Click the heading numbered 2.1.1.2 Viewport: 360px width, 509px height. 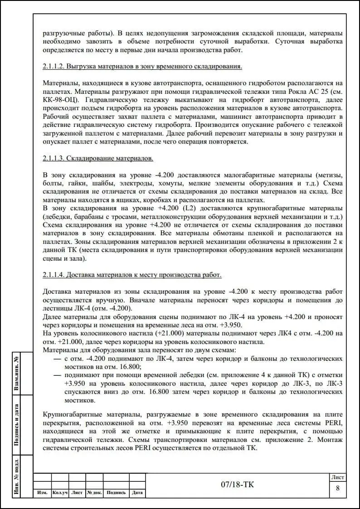pyautogui.click(x=142, y=67)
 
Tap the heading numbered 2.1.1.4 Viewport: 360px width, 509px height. pyautogui.click(x=132, y=275)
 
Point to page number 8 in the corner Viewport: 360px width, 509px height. pyautogui.click(x=337, y=488)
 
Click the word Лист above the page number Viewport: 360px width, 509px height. pyautogui.click(x=337, y=477)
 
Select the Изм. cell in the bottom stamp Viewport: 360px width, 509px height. pyautogui.click(x=42, y=492)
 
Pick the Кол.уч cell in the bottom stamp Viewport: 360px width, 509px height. pyautogui.click(x=60, y=492)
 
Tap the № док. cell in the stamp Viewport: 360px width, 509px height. pyautogui.click(x=94, y=492)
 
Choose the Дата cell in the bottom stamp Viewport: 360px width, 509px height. pyautogui.click(x=137, y=492)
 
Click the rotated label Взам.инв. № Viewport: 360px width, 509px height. pyautogui.click(x=16, y=373)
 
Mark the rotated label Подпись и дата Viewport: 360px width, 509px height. pyautogui.click(x=16, y=425)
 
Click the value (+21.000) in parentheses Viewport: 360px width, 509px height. pyautogui.click(x=166, y=334)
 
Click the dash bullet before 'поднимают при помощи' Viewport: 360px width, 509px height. pyautogui.click(x=57, y=375)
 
